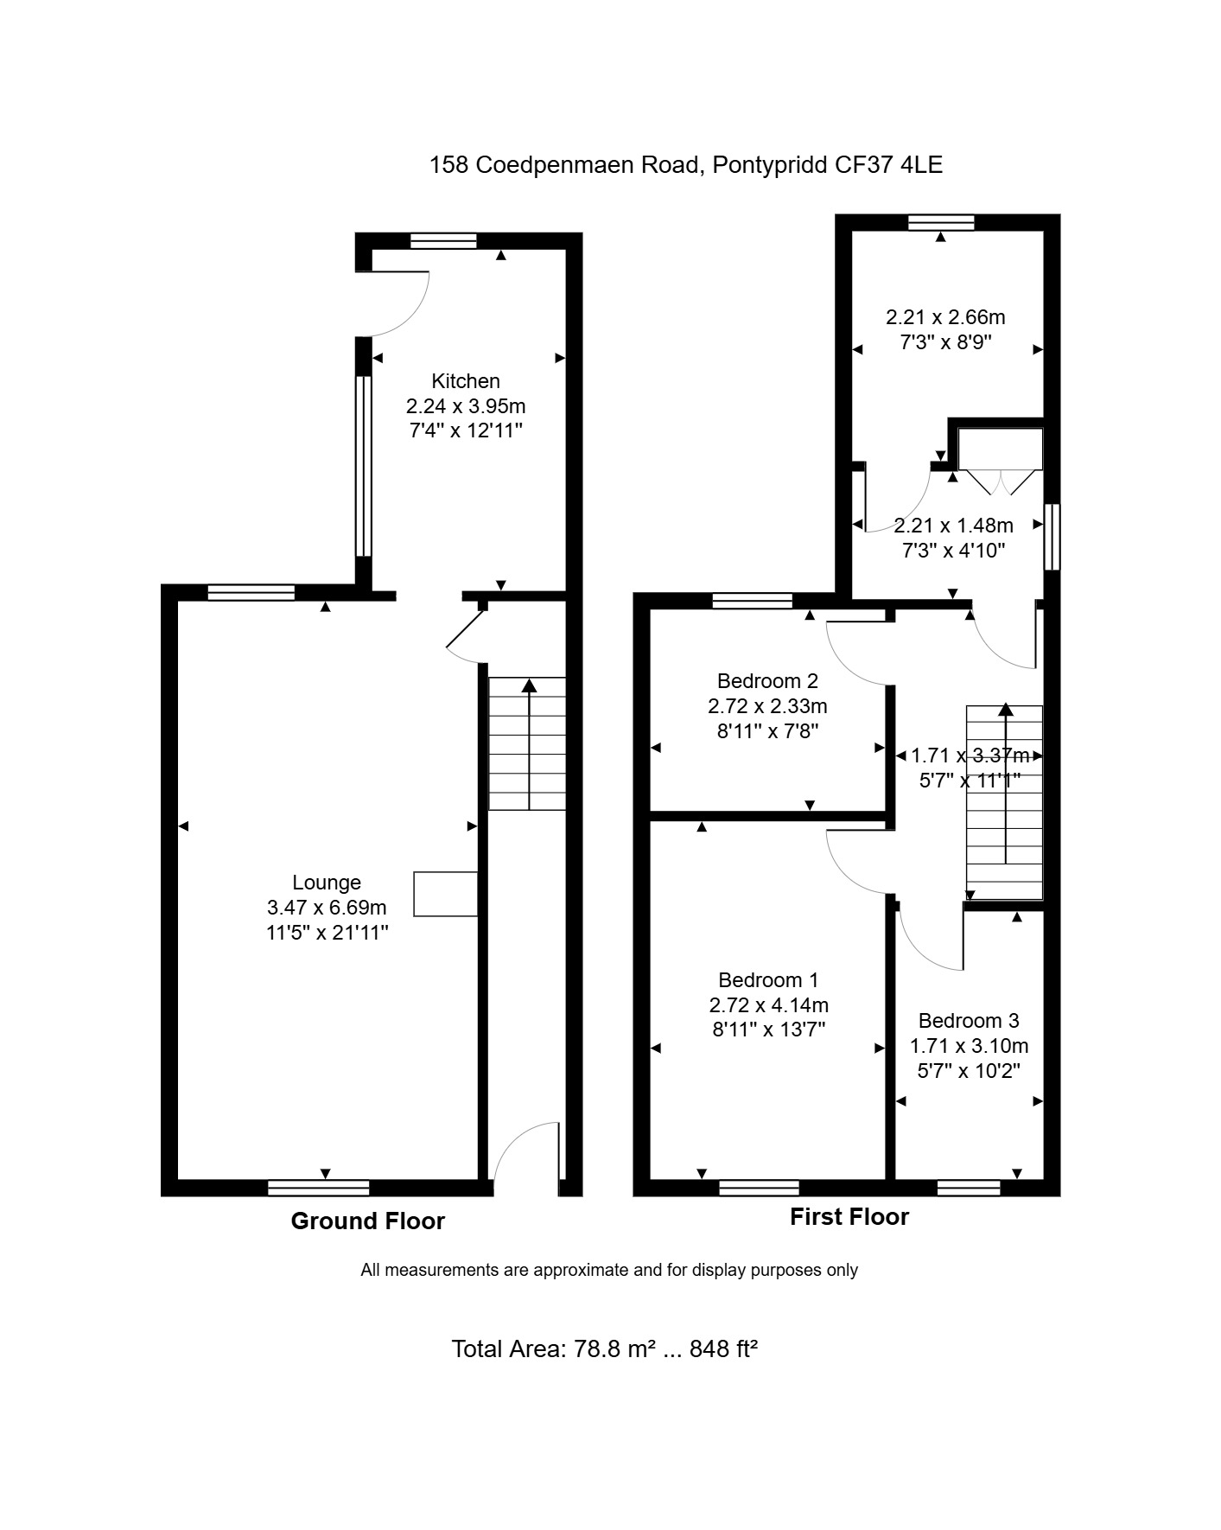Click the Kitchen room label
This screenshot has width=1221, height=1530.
(466, 381)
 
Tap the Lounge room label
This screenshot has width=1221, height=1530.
(327, 883)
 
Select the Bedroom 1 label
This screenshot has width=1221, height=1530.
(768, 980)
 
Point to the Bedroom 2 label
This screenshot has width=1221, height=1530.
(767, 681)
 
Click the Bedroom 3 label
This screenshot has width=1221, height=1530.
(969, 1021)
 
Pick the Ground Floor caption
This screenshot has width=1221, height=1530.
(367, 1221)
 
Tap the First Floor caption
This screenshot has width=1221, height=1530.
(849, 1217)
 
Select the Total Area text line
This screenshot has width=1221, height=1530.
(605, 1349)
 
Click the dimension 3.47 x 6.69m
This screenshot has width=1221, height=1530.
(327, 908)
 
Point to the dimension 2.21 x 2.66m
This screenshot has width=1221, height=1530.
(945, 317)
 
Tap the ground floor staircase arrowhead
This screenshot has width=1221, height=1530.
(529, 685)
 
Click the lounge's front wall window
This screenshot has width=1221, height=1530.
(318, 1188)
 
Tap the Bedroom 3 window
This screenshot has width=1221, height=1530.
(969, 1188)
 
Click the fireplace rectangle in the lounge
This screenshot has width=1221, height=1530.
(446, 894)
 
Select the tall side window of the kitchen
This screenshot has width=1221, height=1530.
(364, 466)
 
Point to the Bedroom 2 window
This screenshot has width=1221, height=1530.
(753, 601)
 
